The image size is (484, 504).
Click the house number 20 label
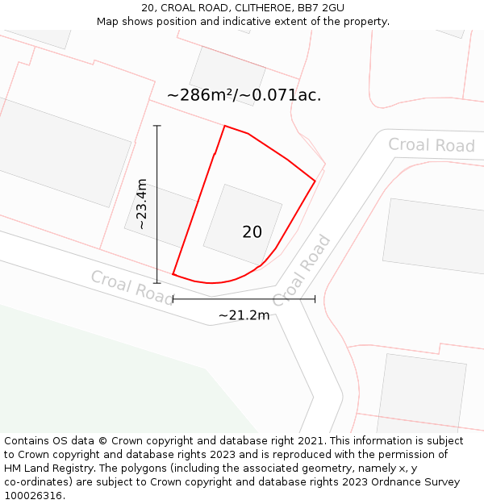click(252, 232)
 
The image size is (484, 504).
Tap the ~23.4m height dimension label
click(142, 205)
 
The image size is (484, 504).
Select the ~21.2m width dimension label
click(244, 314)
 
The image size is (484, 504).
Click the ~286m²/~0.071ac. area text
click(244, 95)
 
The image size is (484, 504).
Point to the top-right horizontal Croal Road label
click(431, 145)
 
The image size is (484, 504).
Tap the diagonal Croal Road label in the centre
click(302, 271)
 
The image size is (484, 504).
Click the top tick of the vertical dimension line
click(157, 126)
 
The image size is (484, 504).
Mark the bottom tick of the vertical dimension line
click(157, 282)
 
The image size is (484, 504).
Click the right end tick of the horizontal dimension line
click(315, 299)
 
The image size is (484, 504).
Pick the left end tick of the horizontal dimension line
click(173, 299)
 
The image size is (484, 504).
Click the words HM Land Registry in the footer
click(49, 469)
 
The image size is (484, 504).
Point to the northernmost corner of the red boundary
click(225, 127)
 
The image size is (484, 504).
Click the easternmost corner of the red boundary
click(315, 181)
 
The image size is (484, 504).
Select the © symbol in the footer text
click(102, 441)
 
